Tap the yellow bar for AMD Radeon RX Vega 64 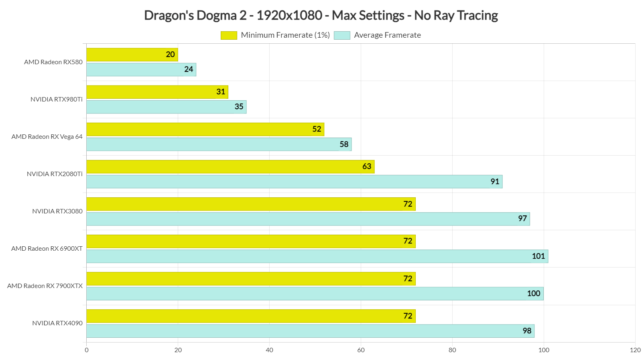tap(205, 129)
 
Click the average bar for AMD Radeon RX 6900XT tap(317, 256)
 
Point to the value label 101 tap(538, 256)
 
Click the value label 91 tap(495, 182)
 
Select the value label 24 tap(189, 69)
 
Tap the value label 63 tap(367, 166)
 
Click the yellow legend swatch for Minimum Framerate tap(229, 35)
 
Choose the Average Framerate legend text tap(387, 35)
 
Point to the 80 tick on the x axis tap(452, 350)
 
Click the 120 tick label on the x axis tap(635, 350)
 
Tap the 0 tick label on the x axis tap(87, 350)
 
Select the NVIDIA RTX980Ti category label tap(57, 99)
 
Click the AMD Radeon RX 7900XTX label tap(45, 286)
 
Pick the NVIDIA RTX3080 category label tap(57, 211)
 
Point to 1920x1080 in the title tap(289, 15)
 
